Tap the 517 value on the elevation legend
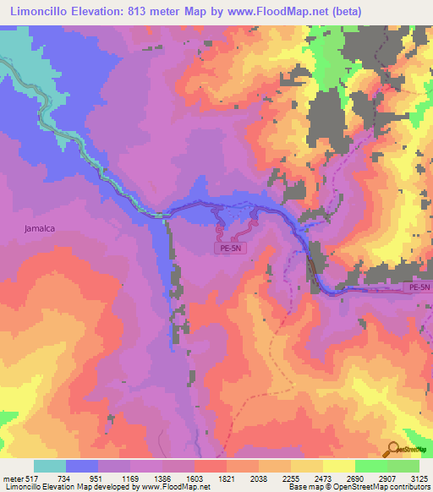pyautogui.click(x=32, y=478)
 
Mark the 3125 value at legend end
pyautogui.click(x=419, y=478)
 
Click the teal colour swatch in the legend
pyautogui.click(x=50, y=466)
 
